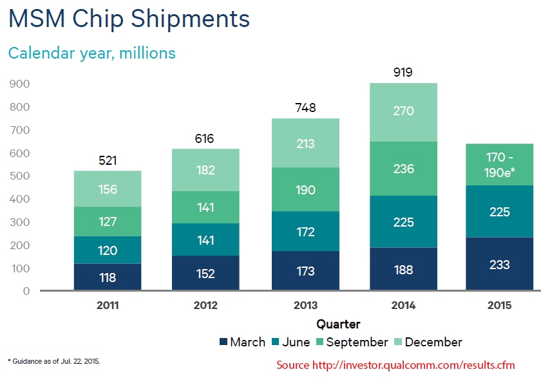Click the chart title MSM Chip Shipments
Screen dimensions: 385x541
click(x=129, y=19)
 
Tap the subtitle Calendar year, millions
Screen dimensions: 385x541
click(x=91, y=53)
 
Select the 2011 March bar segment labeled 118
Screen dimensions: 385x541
click(x=108, y=277)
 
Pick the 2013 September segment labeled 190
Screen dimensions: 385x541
click(x=305, y=189)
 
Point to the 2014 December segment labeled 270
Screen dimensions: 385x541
click(x=403, y=111)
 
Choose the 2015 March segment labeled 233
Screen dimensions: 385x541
click(x=499, y=265)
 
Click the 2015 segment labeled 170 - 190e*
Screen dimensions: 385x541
click(x=499, y=165)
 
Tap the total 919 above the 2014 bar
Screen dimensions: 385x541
click(x=403, y=72)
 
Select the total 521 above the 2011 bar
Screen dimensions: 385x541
click(x=108, y=160)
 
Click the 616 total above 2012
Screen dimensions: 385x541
click(x=204, y=138)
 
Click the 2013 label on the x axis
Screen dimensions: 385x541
click(x=305, y=305)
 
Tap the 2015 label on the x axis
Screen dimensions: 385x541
click(x=499, y=305)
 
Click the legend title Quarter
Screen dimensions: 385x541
click(x=338, y=324)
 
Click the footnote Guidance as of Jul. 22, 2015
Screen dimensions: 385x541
click(x=54, y=361)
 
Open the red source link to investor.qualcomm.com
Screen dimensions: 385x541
click(x=395, y=365)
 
